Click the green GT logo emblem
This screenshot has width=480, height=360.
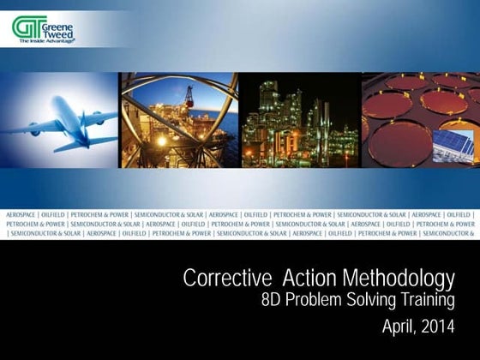pos(25,27)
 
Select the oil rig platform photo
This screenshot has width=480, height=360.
pos(177,120)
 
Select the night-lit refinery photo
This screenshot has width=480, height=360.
pos(297,120)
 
